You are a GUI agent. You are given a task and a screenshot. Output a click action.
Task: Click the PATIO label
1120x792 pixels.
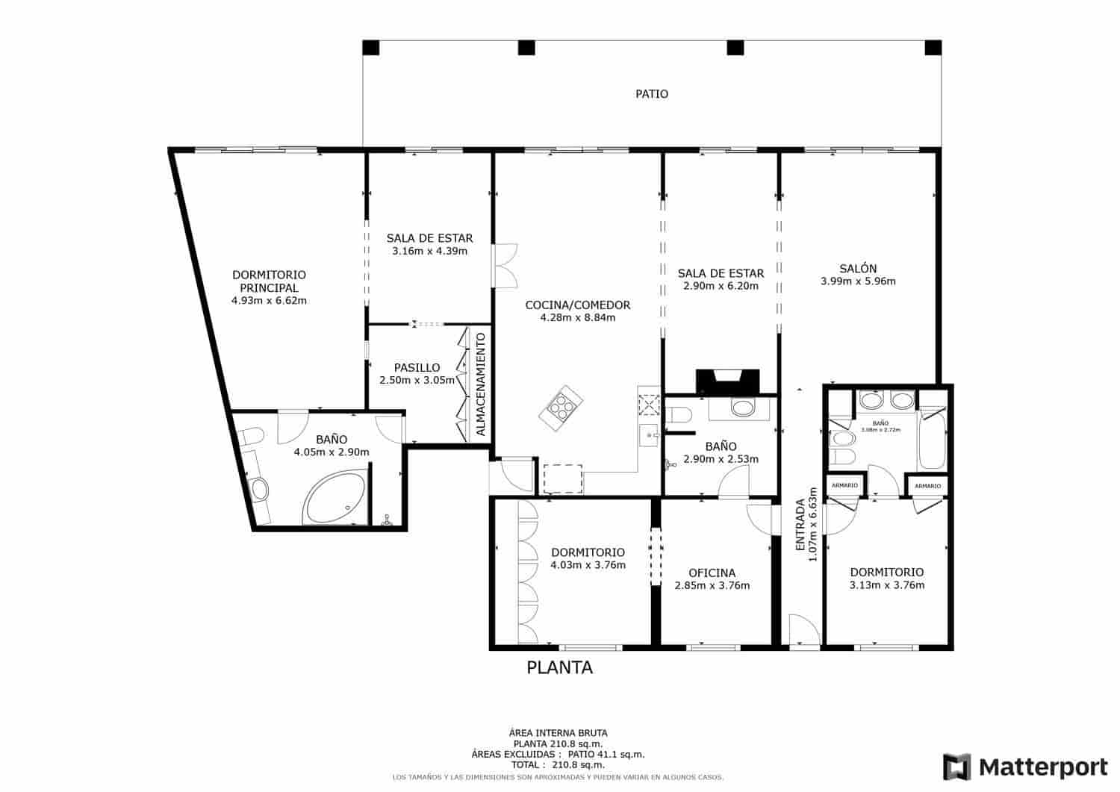(652, 94)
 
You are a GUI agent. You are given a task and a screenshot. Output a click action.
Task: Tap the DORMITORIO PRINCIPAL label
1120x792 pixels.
(269, 281)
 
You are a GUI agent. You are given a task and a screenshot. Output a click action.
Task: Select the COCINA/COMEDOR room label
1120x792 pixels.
(577, 305)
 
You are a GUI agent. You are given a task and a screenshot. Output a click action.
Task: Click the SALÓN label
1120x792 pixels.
(858, 269)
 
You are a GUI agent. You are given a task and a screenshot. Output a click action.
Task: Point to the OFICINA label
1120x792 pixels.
(712, 573)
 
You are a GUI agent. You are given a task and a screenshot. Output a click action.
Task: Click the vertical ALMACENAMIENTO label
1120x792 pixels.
(481, 384)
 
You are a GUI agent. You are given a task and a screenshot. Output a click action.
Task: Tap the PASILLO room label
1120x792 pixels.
(417, 367)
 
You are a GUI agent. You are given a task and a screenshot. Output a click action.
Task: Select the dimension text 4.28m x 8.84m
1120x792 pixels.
(577, 317)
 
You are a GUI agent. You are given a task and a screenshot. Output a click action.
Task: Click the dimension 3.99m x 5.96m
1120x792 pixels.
(858, 281)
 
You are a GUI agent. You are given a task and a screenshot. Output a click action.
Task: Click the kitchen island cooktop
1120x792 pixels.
(561, 407)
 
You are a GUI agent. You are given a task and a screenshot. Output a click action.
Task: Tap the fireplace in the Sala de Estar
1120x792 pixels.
(727, 381)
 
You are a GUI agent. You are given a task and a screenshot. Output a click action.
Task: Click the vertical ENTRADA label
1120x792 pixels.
(800, 525)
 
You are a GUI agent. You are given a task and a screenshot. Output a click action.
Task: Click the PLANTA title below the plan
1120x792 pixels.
(559, 668)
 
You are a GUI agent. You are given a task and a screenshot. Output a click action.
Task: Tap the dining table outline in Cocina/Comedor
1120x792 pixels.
(562, 478)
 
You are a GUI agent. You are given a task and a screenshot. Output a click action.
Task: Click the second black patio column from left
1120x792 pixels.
(526, 49)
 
